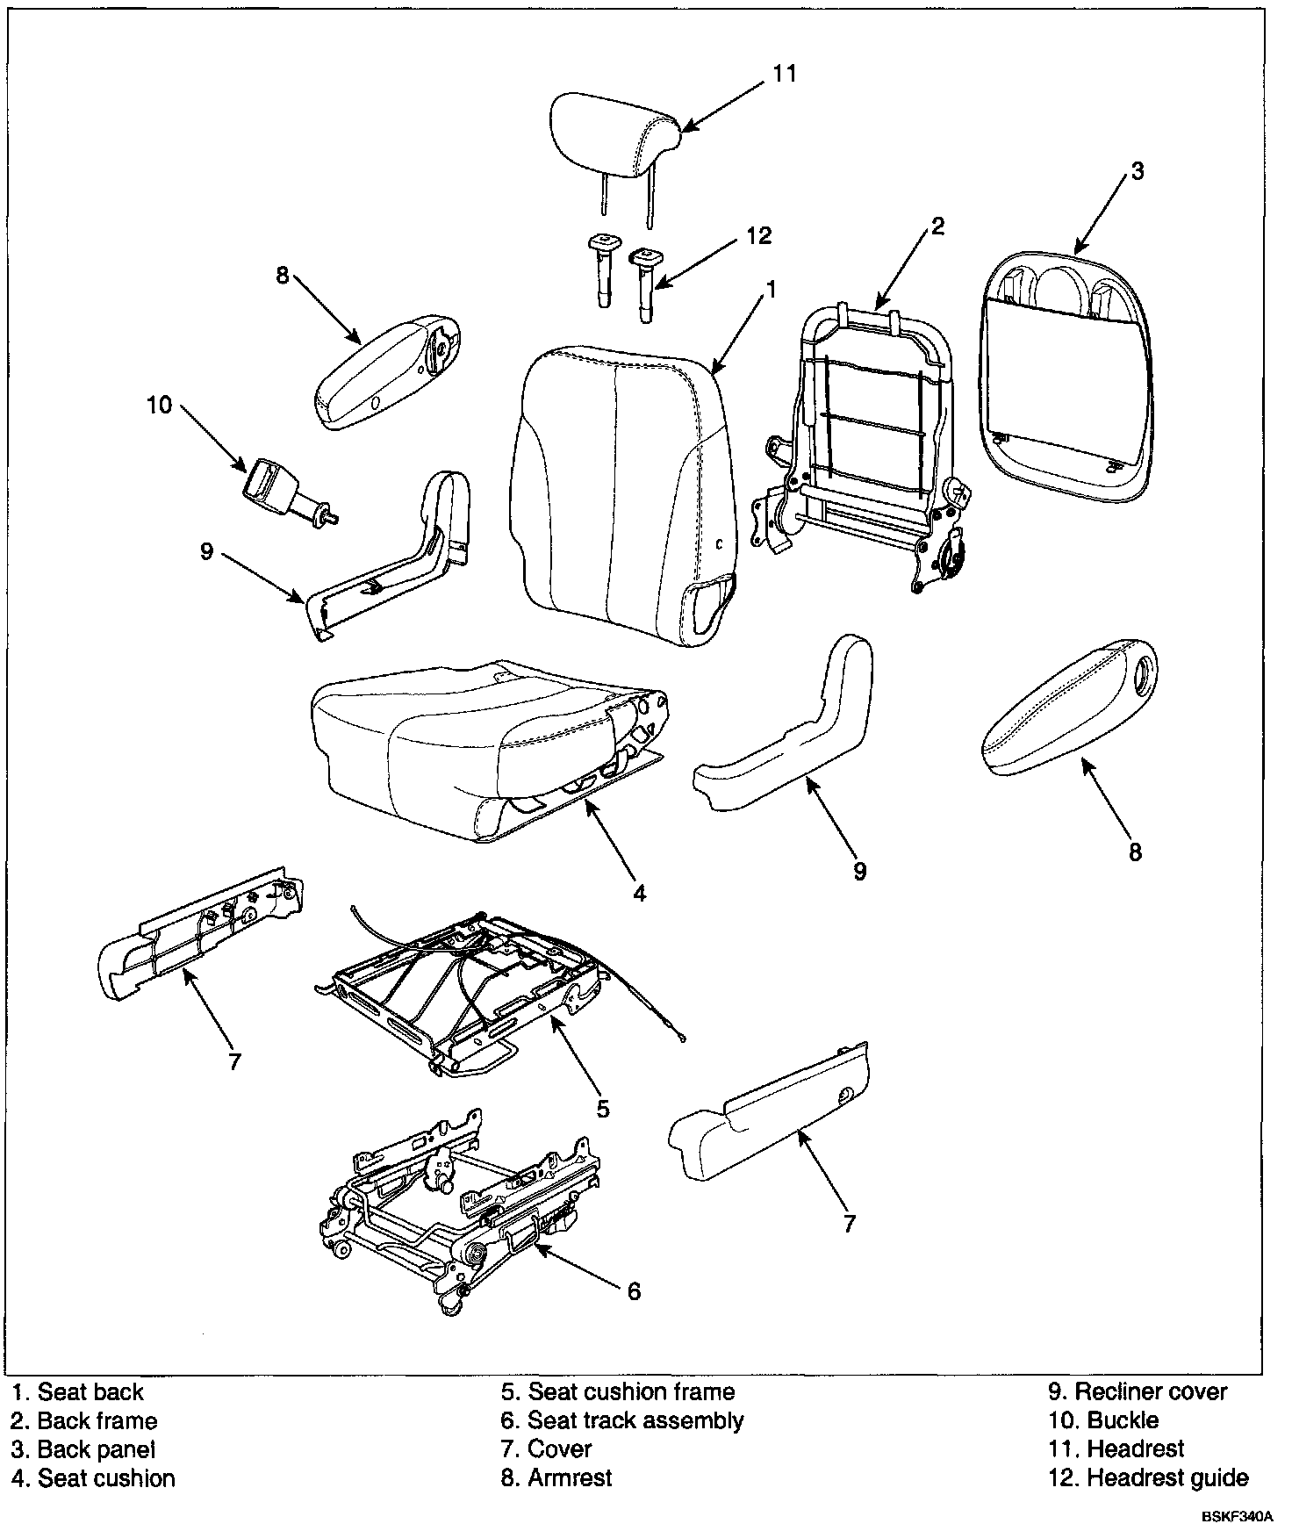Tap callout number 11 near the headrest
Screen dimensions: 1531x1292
pyautogui.click(x=784, y=74)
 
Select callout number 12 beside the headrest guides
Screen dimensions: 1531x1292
pyautogui.click(x=759, y=235)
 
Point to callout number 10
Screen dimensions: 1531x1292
pyautogui.click(x=160, y=406)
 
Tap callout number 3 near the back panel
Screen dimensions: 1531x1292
pyautogui.click(x=1137, y=171)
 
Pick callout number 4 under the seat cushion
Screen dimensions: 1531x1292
pyautogui.click(x=640, y=893)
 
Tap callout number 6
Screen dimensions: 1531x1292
pyautogui.click(x=633, y=1290)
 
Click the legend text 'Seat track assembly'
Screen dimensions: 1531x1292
pyautogui.click(x=635, y=1420)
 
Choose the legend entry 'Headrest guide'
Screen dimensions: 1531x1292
pyautogui.click(x=1166, y=1477)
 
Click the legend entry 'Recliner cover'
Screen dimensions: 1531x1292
pyautogui.click(x=1151, y=1391)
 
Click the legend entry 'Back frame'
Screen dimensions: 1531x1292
pyautogui.click(x=97, y=1420)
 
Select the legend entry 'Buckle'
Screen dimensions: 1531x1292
pyautogui.click(x=1123, y=1420)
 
